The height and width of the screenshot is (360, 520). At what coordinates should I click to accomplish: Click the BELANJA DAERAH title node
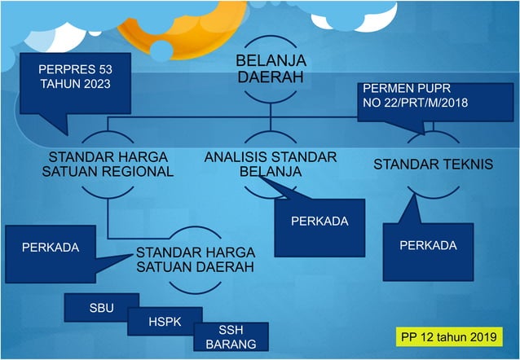click(270, 70)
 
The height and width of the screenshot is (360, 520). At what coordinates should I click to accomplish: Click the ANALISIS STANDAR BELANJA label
click(271, 164)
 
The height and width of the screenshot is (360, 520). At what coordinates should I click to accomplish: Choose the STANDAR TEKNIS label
click(433, 165)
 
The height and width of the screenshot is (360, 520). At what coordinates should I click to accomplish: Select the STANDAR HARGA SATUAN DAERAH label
click(195, 259)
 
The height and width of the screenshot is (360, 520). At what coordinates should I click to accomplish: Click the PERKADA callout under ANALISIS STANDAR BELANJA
click(319, 221)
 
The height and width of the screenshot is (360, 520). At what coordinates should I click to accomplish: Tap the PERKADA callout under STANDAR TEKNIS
click(428, 245)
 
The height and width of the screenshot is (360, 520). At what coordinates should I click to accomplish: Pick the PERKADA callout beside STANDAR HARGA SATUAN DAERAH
click(51, 248)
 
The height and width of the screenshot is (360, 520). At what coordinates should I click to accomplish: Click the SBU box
click(102, 308)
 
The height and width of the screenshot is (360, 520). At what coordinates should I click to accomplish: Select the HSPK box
click(159, 322)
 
